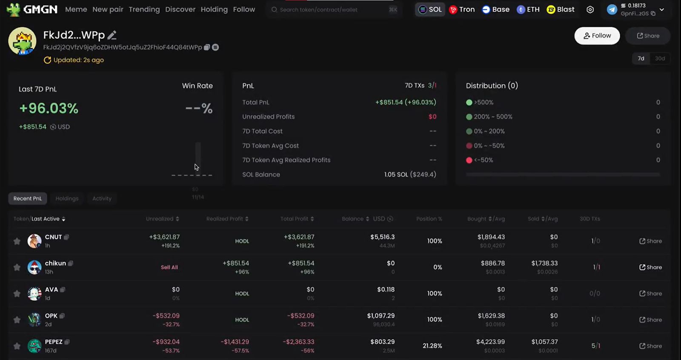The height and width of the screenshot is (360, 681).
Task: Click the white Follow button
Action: tap(597, 36)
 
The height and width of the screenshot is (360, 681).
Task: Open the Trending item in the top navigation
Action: tap(144, 9)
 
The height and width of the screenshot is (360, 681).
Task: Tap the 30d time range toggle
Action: tap(660, 58)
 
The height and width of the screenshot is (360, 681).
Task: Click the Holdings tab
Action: tap(67, 198)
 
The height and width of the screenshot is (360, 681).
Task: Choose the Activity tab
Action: tap(102, 198)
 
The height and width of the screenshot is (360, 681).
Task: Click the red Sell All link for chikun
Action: tap(169, 267)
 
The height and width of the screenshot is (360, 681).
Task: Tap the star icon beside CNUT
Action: tap(17, 241)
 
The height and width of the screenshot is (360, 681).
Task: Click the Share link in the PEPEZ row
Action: tap(650, 346)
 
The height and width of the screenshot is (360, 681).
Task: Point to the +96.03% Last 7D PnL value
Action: tap(49, 109)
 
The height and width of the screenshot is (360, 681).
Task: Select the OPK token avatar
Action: tap(34, 320)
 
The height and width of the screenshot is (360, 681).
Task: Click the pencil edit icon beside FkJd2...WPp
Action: tap(112, 35)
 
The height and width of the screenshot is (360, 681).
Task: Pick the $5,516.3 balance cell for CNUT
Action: tap(382, 237)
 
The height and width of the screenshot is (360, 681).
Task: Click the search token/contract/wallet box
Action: tap(328, 9)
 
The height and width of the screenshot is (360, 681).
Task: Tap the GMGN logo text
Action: tap(40, 9)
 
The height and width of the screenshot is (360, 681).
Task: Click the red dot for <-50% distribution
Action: tap(469, 160)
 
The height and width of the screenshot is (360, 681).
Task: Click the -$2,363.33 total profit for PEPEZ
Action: tap(298, 342)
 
